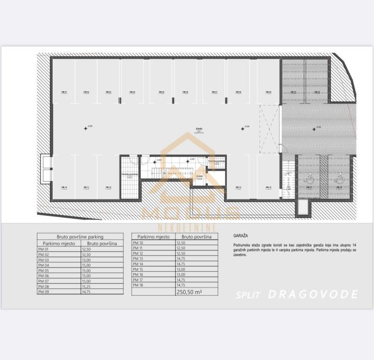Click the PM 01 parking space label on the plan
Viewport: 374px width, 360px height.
64,92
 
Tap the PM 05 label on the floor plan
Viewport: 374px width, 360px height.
161,92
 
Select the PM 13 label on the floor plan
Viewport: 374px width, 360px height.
238,187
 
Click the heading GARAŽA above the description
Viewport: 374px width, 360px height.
240,236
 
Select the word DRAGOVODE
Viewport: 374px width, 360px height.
313,294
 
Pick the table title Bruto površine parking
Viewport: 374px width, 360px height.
80,237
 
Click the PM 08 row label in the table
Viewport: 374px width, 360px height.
43,286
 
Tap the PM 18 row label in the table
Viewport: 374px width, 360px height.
138,285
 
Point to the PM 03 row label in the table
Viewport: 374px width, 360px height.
43,260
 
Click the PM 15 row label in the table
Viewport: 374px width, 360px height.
138,269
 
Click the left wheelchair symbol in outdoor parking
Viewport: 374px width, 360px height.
309,178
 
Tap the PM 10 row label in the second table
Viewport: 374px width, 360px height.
138,243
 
